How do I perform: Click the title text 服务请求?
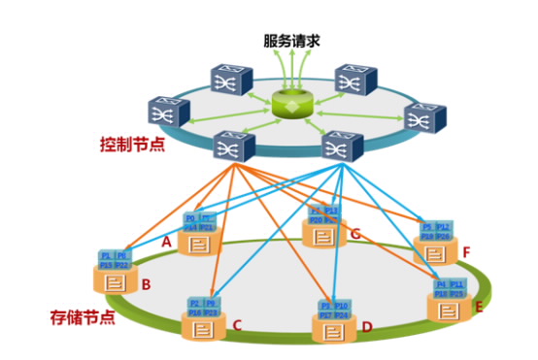[x=290, y=43]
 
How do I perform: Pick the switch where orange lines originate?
[x=234, y=147]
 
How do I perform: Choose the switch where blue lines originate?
[x=340, y=147]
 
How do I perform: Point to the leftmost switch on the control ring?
[x=167, y=114]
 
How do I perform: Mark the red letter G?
[x=355, y=234]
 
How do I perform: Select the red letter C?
[x=235, y=327]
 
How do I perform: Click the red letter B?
[x=146, y=285]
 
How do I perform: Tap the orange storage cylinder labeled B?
[x=116, y=282]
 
